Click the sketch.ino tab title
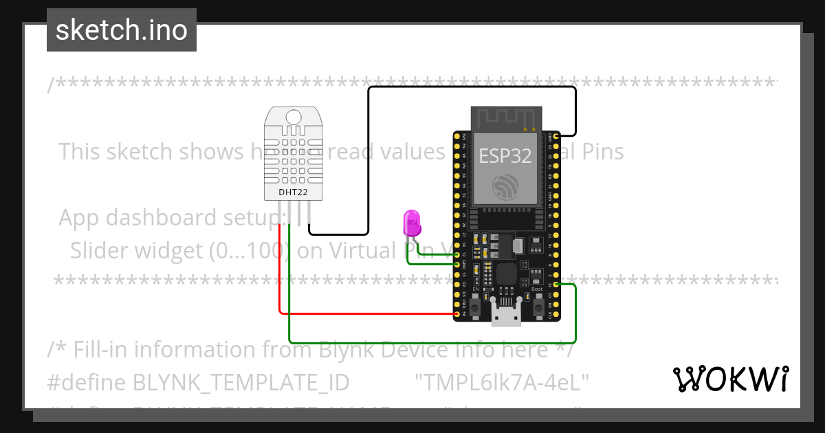pos(122,30)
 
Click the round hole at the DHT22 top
pos(294,116)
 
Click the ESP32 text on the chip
pos(505,156)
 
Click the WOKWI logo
pos(730,379)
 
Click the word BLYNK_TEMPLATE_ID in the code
pos(241,381)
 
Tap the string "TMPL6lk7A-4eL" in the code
pos(502,381)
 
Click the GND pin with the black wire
pos(555,136)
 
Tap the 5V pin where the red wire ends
pos(458,313)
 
